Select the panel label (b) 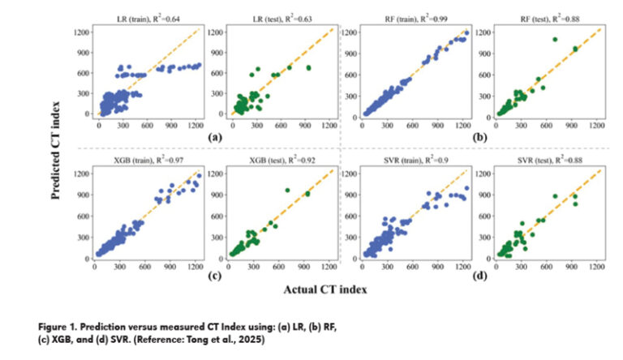click(x=482, y=137)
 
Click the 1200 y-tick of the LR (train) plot click(x=80, y=32)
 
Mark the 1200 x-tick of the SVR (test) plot click(x=597, y=265)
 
